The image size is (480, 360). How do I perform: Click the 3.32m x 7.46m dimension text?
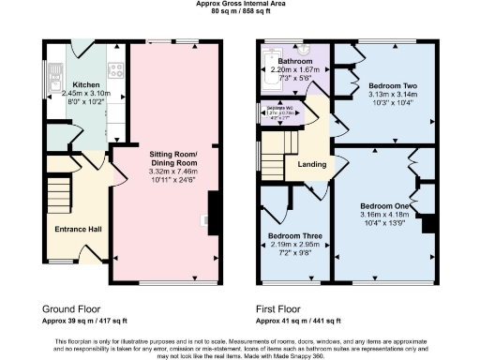172,171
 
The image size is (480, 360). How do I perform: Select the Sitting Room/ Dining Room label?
172,156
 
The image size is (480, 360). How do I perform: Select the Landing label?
311,166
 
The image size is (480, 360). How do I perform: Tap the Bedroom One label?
385,205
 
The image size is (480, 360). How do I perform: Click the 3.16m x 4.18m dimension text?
385,215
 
